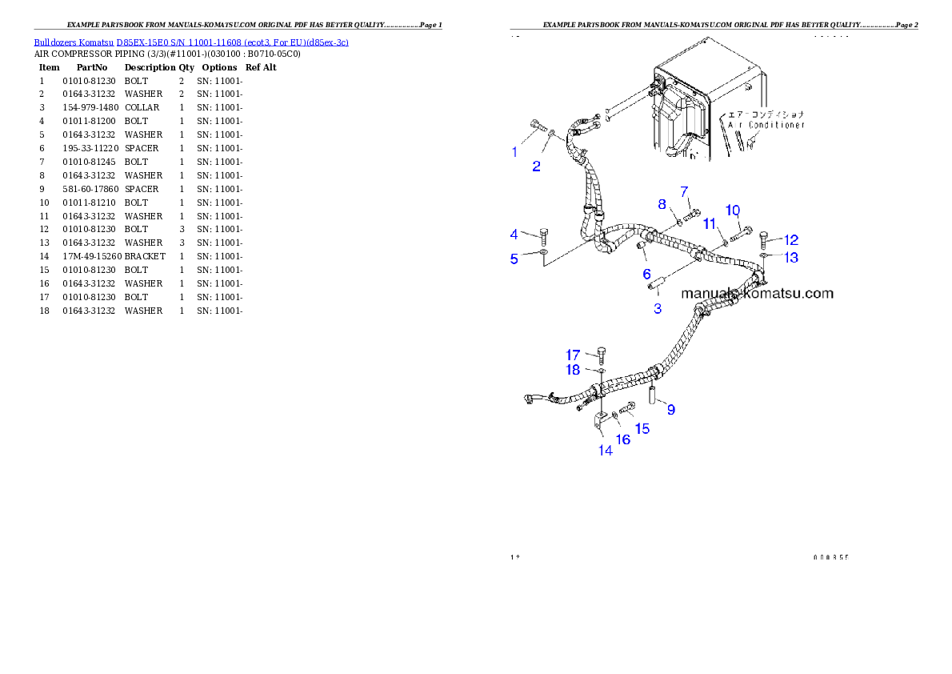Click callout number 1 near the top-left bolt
[514, 151]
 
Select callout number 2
[537, 166]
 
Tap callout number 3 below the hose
[658, 309]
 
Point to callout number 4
[514, 235]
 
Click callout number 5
[514, 259]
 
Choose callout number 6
[646, 275]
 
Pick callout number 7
[684, 191]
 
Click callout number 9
[670, 410]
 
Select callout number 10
[733, 211]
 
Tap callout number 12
[790, 239]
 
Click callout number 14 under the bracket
[606, 451]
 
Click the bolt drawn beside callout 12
[764, 238]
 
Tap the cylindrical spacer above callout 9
[652, 395]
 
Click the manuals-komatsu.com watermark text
[757, 294]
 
